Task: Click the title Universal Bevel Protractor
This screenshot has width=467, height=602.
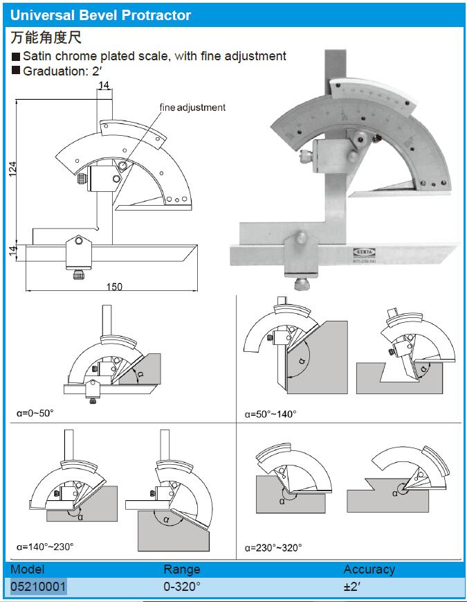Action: (x=101, y=15)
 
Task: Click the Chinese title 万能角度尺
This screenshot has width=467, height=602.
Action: (x=47, y=37)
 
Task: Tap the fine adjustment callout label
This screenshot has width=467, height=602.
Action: (x=192, y=107)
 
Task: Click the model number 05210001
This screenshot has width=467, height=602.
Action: (x=38, y=587)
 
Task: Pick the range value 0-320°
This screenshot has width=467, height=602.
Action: (x=181, y=587)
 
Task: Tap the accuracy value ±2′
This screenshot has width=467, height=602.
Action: (x=354, y=587)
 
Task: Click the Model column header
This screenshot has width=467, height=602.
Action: (x=27, y=569)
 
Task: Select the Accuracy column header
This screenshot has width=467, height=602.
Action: (x=369, y=569)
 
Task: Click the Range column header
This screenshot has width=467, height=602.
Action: (x=181, y=569)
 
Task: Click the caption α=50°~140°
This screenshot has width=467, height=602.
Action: (x=271, y=414)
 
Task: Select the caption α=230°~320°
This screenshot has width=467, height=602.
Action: (x=273, y=548)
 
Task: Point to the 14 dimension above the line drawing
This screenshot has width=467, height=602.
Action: (x=104, y=86)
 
